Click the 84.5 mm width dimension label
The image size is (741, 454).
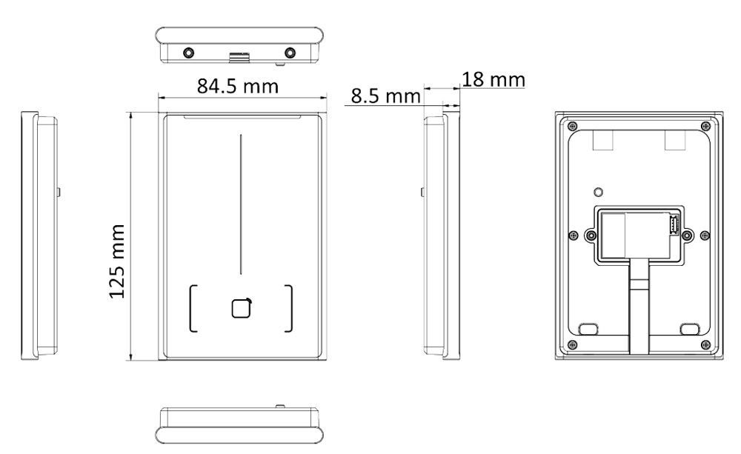click(238, 86)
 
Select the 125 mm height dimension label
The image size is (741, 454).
click(117, 261)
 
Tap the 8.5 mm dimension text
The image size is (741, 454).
click(385, 96)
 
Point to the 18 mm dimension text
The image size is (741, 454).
click(494, 79)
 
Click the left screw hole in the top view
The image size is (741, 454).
click(188, 52)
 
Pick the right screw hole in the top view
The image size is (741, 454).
click(290, 52)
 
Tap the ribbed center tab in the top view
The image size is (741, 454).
click(239, 57)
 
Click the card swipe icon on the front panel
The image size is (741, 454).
click(242, 309)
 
